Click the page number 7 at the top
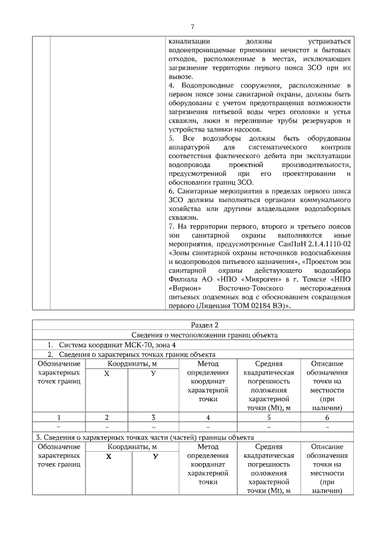coord(192,27)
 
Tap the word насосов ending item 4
coord(243,129)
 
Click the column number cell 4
coord(208,417)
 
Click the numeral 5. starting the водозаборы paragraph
coord(172,139)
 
